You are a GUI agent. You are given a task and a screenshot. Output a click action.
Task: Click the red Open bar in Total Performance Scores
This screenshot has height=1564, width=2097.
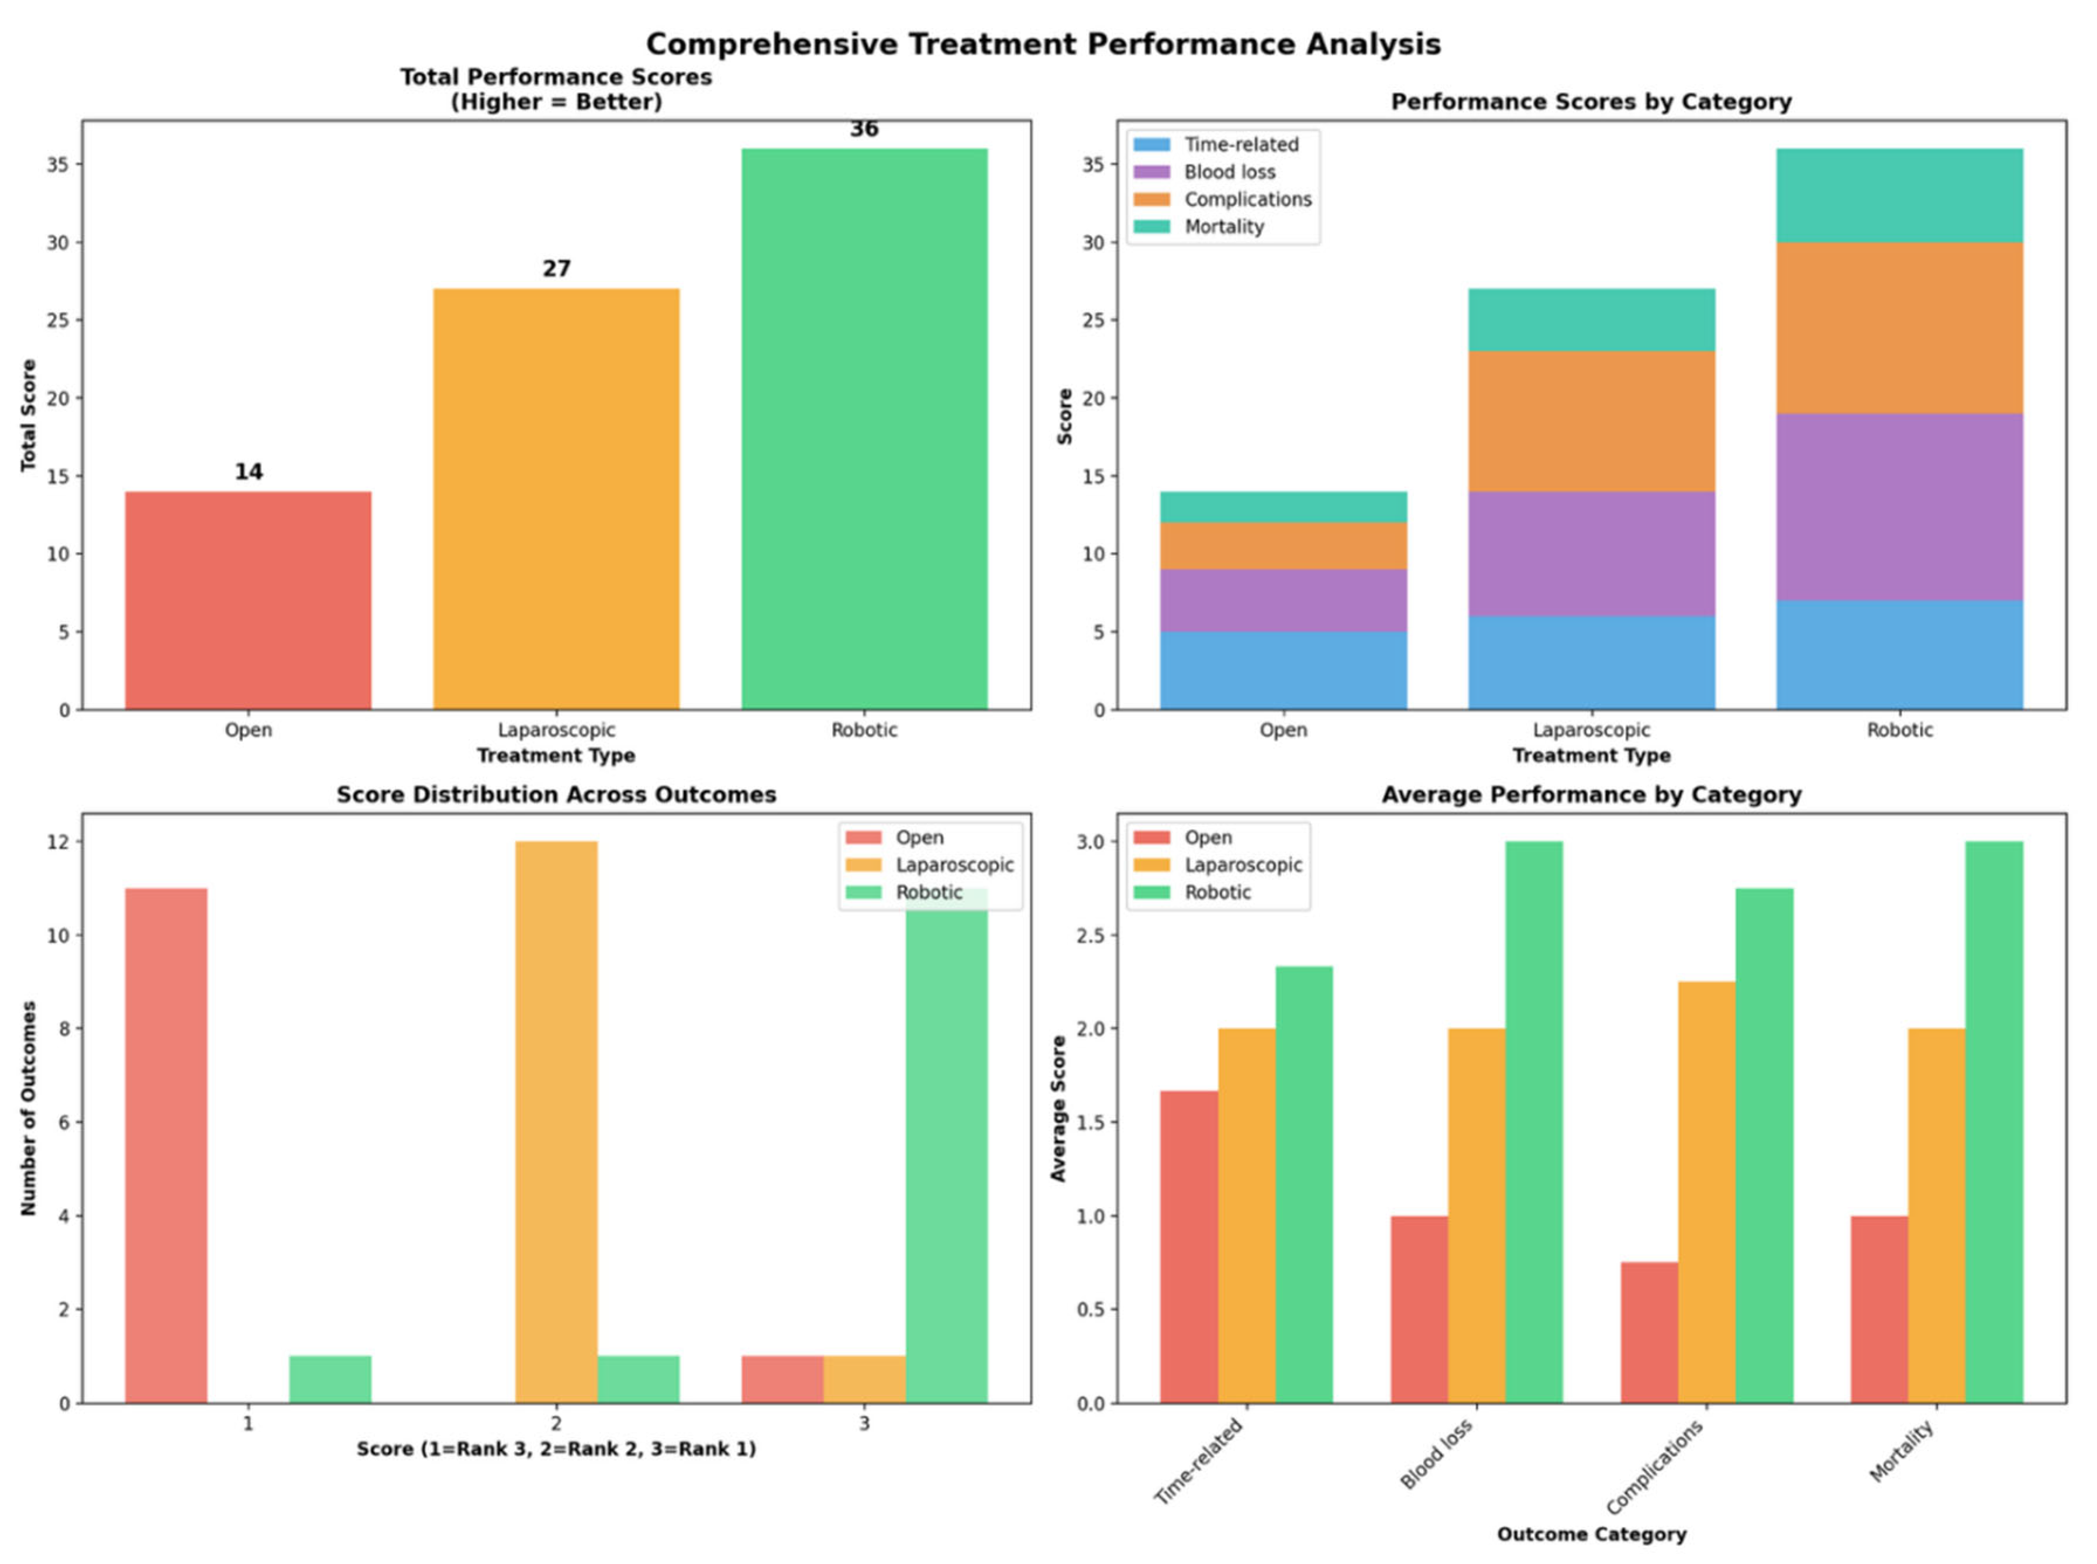248,600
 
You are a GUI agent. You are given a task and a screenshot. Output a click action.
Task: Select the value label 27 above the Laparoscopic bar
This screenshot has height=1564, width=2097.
556,269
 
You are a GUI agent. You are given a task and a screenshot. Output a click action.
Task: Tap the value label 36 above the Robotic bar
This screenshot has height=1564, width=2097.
863,129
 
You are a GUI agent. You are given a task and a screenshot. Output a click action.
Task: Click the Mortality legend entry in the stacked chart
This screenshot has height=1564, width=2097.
1223,226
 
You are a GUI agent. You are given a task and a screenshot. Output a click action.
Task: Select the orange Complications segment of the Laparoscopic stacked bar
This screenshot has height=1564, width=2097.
1591,422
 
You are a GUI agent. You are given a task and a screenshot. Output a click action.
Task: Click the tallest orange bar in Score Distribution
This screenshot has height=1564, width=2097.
556,1122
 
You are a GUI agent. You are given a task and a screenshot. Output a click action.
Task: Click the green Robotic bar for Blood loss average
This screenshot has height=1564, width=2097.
1534,1122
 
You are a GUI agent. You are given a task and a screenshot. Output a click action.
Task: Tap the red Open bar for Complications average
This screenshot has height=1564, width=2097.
1649,1333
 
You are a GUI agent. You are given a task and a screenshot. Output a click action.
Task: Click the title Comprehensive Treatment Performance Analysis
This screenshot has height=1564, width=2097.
1042,44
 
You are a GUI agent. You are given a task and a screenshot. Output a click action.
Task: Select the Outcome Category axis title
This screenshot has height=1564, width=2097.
1591,1534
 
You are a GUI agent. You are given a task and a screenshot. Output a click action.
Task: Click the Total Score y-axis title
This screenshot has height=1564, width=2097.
29,415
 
